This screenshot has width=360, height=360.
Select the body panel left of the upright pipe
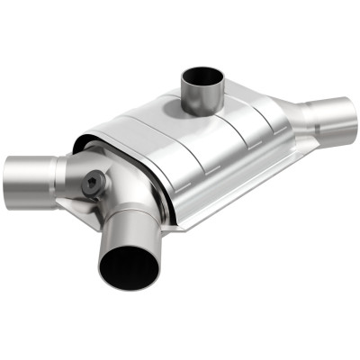153,121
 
